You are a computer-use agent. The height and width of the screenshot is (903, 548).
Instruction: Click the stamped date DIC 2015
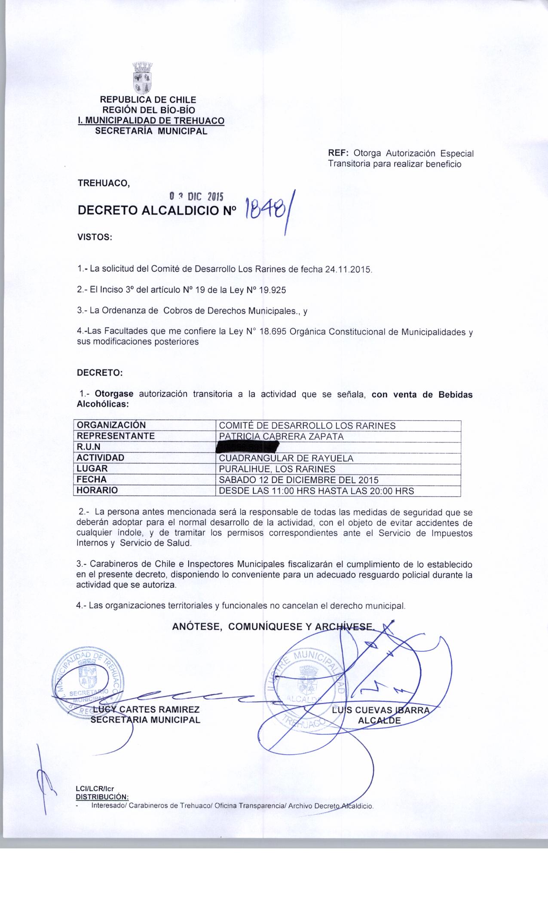(196, 197)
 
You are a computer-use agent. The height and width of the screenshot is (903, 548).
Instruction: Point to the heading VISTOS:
(94, 237)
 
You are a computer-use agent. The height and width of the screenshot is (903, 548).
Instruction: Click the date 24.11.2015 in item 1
(348, 270)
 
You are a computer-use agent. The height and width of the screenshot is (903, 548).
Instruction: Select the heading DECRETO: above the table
(100, 373)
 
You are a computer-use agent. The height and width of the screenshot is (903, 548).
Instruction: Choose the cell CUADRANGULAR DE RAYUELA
(286, 458)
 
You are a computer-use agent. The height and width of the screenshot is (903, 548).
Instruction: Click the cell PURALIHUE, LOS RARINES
(277, 469)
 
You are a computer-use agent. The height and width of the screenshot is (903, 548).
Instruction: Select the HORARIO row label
(97, 490)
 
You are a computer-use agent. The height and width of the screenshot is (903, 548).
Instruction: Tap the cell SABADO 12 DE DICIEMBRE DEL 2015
(299, 479)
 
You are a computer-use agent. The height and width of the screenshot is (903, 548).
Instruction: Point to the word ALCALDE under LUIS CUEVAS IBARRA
(380, 720)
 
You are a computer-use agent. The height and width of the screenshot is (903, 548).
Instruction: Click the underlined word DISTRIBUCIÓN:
(102, 797)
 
